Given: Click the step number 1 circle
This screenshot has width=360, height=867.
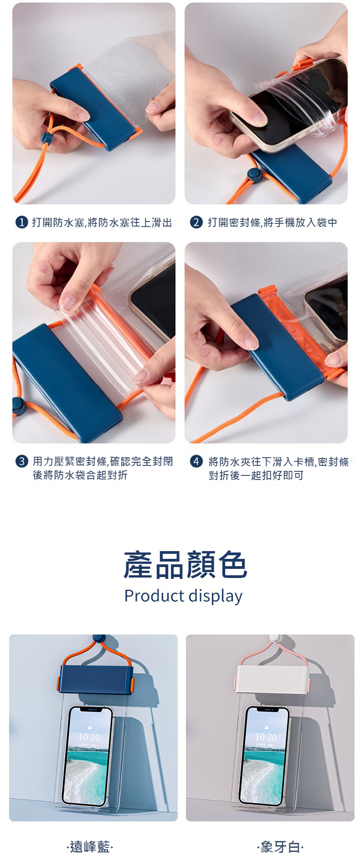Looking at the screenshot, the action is (22, 222).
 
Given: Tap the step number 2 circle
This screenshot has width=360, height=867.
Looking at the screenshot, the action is (196, 222).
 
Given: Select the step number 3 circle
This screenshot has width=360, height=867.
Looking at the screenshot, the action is (22, 461).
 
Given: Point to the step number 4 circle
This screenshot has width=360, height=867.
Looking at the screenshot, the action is (196, 461).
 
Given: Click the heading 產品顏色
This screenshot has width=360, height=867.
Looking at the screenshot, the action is (185, 565).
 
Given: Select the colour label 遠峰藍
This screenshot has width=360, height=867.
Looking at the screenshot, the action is (90, 847).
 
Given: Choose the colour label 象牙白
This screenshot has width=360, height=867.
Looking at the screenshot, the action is (280, 847).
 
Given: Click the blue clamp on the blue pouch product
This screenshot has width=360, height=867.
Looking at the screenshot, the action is (96, 679).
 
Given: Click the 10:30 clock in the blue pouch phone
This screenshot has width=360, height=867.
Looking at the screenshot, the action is (89, 738).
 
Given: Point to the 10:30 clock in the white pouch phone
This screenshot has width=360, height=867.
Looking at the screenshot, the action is (266, 738).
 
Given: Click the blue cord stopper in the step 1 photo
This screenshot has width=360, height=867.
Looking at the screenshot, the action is (47, 138).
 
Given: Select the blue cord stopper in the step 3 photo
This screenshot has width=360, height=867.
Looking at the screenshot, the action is (18, 405).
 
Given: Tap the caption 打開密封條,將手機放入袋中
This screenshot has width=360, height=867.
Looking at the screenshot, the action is (273, 222).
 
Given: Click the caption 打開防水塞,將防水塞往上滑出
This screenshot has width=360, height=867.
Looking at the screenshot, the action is (102, 222).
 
